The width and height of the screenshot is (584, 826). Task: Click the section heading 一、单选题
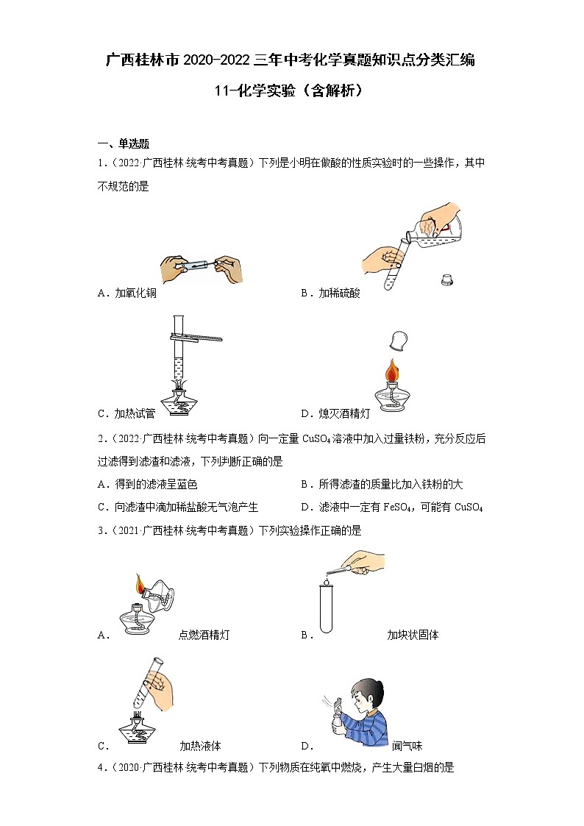click(x=124, y=143)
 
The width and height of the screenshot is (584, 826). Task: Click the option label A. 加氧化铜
click(x=127, y=293)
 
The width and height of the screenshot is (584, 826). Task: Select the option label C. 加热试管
click(x=127, y=413)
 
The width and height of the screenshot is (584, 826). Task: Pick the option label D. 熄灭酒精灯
click(x=336, y=413)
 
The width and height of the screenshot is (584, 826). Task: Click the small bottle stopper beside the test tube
click(x=446, y=280)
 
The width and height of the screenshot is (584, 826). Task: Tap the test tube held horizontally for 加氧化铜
click(x=199, y=263)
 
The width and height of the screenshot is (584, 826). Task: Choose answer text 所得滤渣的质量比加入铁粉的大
click(x=391, y=484)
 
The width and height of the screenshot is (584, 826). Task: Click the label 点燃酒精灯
click(x=204, y=635)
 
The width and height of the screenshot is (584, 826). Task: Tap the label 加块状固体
click(x=413, y=635)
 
